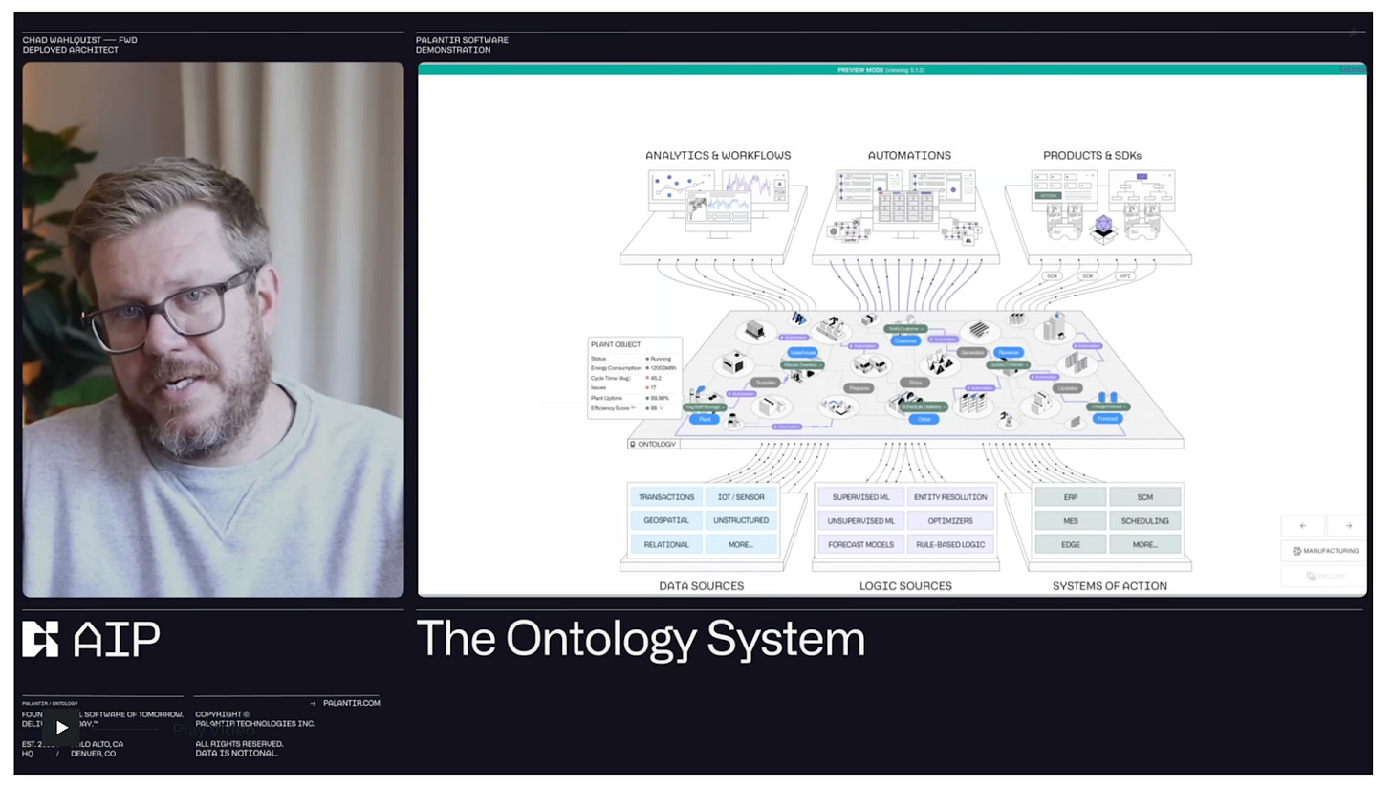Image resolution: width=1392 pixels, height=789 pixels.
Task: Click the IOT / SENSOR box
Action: point(741,497)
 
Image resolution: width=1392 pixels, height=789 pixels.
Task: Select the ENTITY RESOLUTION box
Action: point(950,497)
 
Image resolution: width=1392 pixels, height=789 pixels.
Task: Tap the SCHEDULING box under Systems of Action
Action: point(1144,521)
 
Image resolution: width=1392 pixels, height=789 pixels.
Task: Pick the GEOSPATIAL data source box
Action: point(666,521)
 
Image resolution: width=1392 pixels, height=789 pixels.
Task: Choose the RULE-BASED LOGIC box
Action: point(950,545)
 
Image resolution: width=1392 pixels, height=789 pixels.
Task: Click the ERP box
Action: point(1070,497)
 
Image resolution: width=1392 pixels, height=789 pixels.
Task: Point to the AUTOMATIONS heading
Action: point(909,155)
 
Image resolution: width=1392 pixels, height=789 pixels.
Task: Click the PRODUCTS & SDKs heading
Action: point(1092,155)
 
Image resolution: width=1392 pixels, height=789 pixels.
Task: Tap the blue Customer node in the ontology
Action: point(905,340)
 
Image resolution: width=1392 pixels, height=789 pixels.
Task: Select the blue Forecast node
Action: point(1107,419)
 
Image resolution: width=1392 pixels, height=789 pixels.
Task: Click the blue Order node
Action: point(924,419)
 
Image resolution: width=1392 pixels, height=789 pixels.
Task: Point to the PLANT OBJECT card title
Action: point(616,344)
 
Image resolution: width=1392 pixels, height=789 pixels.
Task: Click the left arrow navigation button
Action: point(1302,526)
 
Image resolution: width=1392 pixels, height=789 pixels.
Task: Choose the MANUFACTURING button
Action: point(1325,551)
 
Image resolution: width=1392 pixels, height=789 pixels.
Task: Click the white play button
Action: point(61,727)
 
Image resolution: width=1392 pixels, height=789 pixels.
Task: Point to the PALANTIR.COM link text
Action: point(351,703)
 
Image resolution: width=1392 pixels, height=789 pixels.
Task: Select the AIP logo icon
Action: point(40,639)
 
